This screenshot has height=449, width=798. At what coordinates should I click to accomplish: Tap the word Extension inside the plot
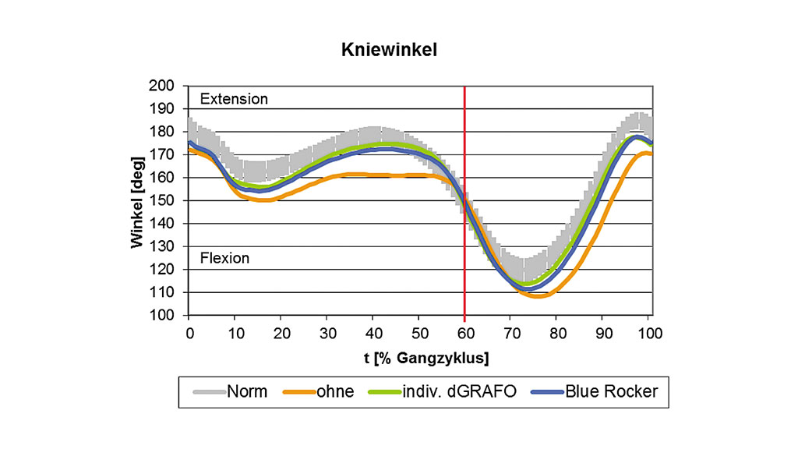pos(234,99)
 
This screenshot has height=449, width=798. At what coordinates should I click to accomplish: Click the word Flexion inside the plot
pos(225,258)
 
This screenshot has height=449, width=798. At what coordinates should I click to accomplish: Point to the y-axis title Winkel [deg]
pos(138,201)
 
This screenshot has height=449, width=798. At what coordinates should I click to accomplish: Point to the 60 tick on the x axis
pos(465,333)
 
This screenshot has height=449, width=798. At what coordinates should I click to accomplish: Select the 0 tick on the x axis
pos(189,333)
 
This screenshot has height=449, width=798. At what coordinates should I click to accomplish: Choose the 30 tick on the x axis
pos(327,333)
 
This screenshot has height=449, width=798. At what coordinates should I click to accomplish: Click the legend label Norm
pos(246,391)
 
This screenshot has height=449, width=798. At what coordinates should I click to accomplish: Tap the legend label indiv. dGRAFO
pos(453,391)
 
